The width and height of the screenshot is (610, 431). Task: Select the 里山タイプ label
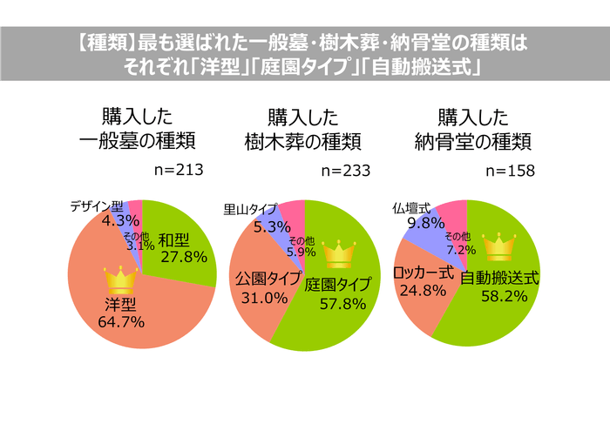coord(250,209)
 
